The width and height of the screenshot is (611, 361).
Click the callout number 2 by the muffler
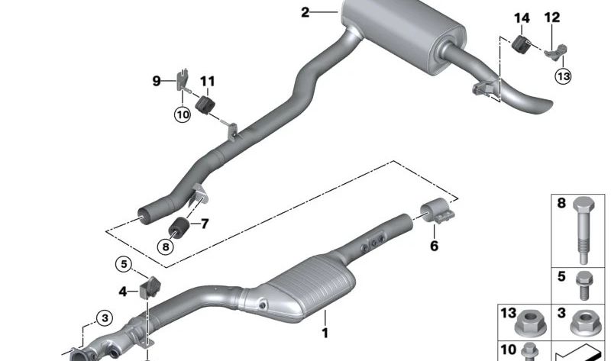click(305, 11)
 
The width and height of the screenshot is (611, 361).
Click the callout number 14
click(522, 18)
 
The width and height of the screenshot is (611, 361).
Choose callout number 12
click(551, 18)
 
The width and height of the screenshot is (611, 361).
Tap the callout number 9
click(157, 80)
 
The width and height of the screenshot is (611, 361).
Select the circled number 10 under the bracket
click(182, 114)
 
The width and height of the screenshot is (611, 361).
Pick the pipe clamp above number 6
click(438, 213)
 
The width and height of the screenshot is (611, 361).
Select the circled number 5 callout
click(124, 264)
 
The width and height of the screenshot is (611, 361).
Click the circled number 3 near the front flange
click(104, 317)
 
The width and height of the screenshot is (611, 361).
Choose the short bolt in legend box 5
click(584, 284)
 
